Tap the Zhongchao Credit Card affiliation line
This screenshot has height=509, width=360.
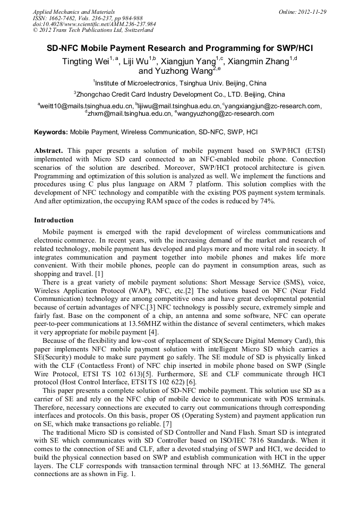[x=180, y=94]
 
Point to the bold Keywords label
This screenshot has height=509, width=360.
[x=51, y=131]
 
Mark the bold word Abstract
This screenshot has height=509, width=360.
[x=49, y=151]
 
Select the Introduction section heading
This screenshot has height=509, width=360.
[x=54, y=220]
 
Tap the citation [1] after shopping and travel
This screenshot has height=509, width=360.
[x=99, y=274]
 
